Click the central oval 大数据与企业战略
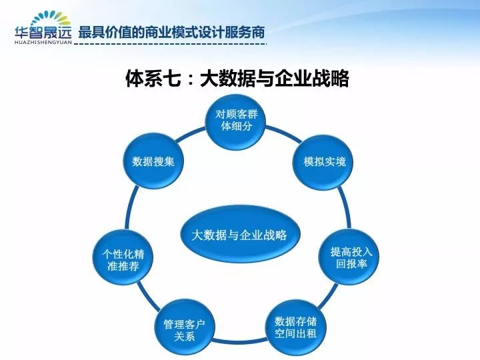(x=240, y=234)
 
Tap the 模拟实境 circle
(x=323, y=161)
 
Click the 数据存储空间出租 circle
(x=295, y=327)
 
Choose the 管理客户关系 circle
(x=184, y=329)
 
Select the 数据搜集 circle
(x=153, y=161)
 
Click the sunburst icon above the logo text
(x=51, y=19)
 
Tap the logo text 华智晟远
(x=43, y=33)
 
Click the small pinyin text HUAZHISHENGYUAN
(x=43, y=42)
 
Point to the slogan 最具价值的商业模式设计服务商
(x=171, y=33)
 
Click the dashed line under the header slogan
(x=171, y=44)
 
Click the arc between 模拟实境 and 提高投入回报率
(x=345, y=208)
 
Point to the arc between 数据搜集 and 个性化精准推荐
(x=129, y=208)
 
